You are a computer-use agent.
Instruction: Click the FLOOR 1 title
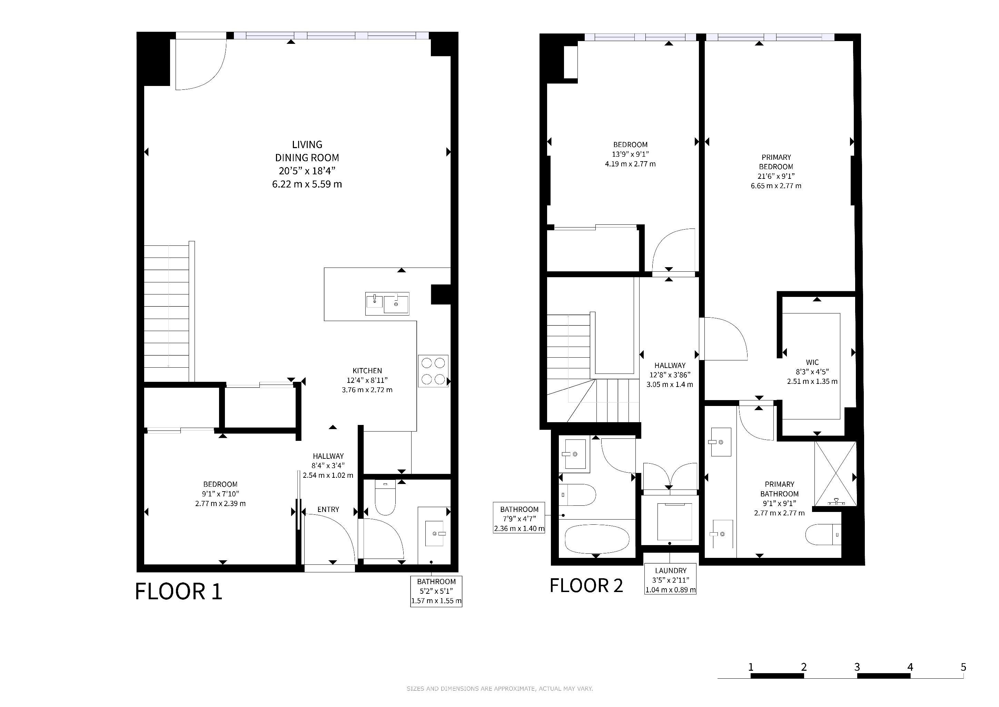179,592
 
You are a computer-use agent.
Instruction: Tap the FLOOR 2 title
586,585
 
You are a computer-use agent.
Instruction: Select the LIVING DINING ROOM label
307,151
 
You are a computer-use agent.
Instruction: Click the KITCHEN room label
367,370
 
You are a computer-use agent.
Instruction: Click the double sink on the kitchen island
387,303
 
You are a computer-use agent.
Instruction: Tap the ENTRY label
328,509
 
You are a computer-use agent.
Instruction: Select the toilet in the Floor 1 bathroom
385,497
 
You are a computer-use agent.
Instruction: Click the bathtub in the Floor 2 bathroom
596,539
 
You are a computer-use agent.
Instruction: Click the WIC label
812,362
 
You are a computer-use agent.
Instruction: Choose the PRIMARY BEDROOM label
776,162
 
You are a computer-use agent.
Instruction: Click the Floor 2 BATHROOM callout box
519,518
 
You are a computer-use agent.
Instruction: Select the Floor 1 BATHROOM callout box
436,591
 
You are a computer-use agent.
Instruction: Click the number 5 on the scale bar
963,667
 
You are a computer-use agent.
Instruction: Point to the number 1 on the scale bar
751,667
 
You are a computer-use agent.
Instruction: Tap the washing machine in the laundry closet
674,522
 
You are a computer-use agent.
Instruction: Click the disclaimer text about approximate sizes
499,689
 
